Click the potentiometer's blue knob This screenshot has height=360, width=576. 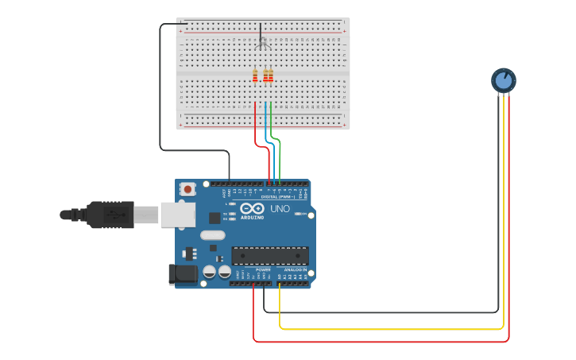click(503, 79)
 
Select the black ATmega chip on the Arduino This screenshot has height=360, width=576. click(269, 255)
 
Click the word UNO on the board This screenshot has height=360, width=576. click(280, 208)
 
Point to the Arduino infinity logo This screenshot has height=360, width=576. click(252, 208)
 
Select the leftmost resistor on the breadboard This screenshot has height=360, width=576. click(255, 75)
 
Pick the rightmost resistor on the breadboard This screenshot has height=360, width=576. click(270, 75)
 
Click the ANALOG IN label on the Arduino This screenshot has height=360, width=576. click(293, 270)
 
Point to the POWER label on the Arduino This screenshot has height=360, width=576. click(263, 270)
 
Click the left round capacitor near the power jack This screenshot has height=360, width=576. click(209, 272)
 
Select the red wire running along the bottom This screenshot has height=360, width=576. click(381, 342)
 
